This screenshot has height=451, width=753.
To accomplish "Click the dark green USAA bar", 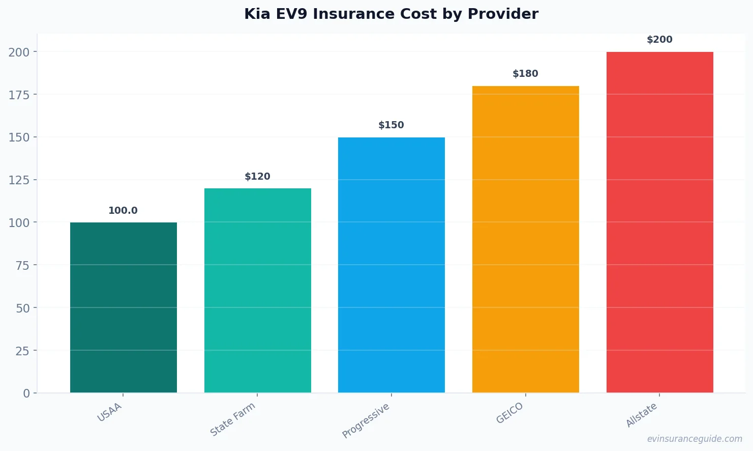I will point(124,307).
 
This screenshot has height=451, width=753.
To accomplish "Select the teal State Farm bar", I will point(258,290).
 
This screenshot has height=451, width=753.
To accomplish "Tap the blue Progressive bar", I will point(391,265).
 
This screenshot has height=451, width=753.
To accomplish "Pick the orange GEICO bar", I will point(526,239).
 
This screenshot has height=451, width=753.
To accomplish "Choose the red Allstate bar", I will point(660,222).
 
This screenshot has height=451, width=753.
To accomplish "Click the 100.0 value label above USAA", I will point(123,211).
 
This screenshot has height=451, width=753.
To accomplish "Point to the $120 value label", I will point(257,177).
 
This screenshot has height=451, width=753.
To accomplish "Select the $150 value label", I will point(391,125).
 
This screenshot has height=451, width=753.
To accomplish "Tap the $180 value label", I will point(525,74).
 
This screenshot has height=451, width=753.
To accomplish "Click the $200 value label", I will point(659,40).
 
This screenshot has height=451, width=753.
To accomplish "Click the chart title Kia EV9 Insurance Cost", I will point(391,14).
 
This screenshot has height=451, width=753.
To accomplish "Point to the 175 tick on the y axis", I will point(19,95).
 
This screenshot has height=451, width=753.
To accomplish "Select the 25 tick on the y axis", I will point(22,351).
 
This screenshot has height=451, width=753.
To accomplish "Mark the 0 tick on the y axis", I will point(26,393).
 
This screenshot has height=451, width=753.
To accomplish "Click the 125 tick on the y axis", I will point(19,180).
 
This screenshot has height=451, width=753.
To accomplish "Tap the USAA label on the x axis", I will point(110,412).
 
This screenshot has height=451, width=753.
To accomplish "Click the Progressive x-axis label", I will point(366,420).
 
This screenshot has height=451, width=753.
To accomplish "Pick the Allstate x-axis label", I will point(642,415).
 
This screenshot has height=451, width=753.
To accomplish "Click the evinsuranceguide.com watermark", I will point(695,439).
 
